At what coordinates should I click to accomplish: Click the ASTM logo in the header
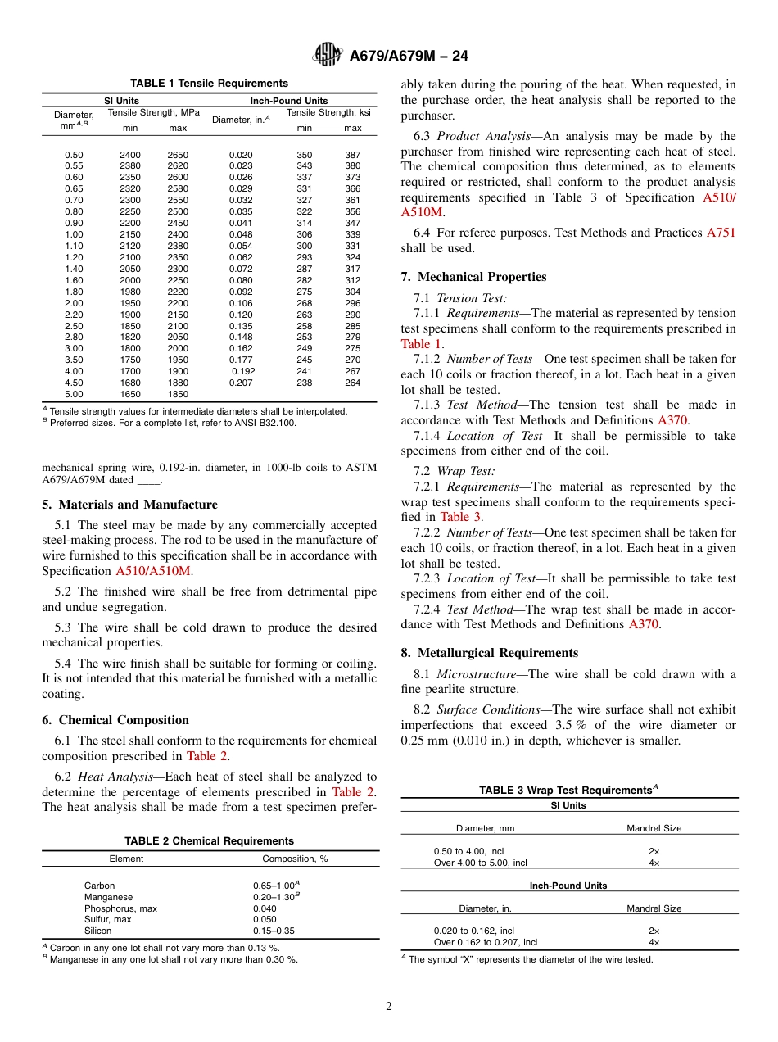pos(328,56)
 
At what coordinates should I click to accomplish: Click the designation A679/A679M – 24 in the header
pos(409,57)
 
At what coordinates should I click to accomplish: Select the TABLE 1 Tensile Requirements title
pos(210,84)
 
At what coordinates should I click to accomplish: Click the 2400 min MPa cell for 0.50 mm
pos(130,155)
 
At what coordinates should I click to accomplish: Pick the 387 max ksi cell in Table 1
pos(352,155)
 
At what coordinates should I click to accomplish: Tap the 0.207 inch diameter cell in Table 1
pos(241,383)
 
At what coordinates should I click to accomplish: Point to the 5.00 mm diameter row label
pos(74,394)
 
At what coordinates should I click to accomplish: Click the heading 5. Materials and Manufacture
pos(129,505)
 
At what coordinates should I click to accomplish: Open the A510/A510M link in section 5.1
pos(154,571)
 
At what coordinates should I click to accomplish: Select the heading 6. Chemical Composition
pos(115,720)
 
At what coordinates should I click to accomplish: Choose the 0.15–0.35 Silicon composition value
pos(274,931)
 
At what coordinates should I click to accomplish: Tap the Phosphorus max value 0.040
pos(265,908)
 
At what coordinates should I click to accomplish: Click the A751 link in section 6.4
pos(721,233)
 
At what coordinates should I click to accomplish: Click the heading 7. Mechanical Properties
pos(473,277)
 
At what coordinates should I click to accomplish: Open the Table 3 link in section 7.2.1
pos(460,517)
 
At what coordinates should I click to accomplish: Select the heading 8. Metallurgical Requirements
pos(489,653)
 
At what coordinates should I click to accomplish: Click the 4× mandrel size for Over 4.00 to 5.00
pos(654,863)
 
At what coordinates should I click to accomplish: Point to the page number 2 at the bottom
pos(389,1007)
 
